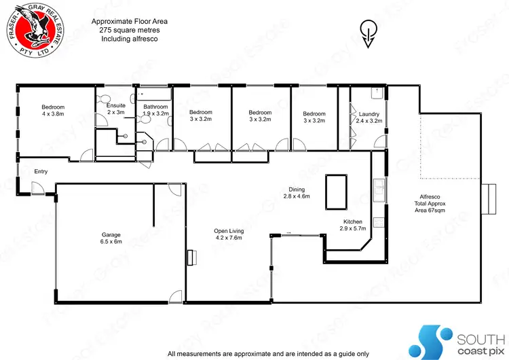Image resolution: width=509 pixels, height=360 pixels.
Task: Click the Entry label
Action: [40, 171]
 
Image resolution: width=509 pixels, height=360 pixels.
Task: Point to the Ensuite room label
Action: [116, 109]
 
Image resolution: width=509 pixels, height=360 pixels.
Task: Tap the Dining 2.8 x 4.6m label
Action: [296, 193]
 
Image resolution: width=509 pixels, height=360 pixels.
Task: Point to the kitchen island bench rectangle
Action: [337, 192]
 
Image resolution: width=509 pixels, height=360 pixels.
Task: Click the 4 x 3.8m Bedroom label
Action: [53, 111]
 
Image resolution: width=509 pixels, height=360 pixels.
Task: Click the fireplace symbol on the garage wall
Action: [191, 256]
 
